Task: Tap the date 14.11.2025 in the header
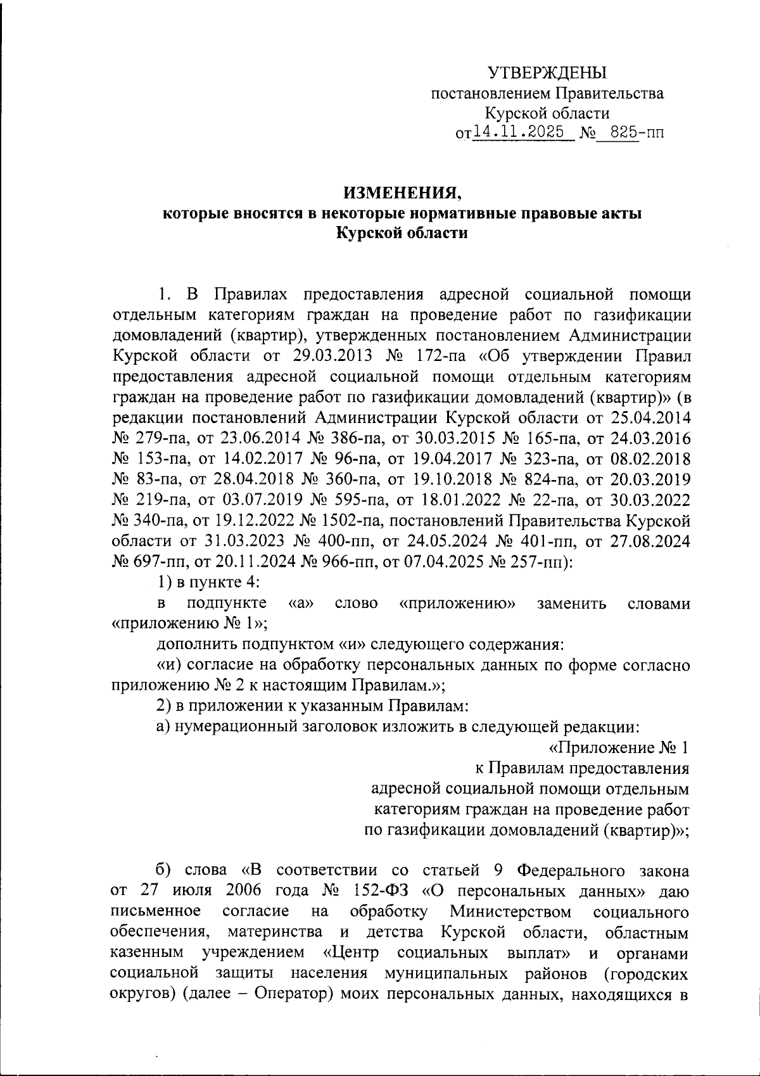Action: [x=522, y=132]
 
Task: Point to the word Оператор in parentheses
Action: [x=294, y=993]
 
